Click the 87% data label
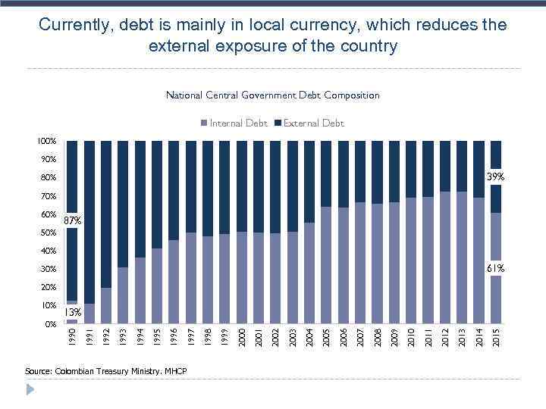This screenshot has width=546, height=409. click(x=73, y=220)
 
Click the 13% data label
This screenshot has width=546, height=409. click(x=73, y=312)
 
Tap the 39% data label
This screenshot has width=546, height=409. click(x=495, y=177)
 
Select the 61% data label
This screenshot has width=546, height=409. click(x=496, y=269)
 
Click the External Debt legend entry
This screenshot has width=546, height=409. click(x=309, y=123)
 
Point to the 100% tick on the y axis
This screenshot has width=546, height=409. click(x=47, y=141)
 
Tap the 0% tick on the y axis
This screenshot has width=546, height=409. click(x=50, y=324)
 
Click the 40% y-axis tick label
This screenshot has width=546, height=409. click(x=49, y=251)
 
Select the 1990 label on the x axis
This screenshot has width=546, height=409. click(x=71, y=336)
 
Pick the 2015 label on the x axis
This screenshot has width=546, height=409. click(x=496, y=336)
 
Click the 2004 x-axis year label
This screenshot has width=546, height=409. click(x=309, y=336)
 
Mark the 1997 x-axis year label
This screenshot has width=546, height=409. click(x=190, y=336)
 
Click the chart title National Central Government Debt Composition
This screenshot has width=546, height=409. click(x=272, y=95)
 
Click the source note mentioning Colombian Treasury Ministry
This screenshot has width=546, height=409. click(x=105, y=371)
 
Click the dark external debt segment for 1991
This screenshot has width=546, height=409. click(x=89, y=220)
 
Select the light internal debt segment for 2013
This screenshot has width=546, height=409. click(x=462, y=258)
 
